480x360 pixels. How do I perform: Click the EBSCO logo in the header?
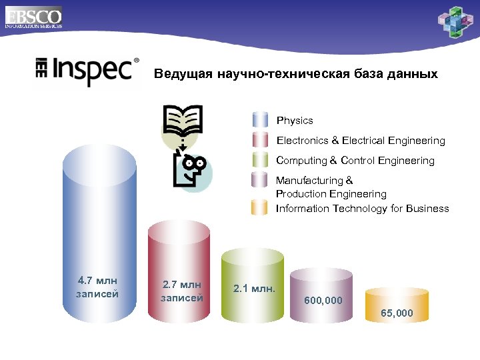point(33,16)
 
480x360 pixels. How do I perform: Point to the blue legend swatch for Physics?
point(260,121)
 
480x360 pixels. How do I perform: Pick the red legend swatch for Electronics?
point(260,141)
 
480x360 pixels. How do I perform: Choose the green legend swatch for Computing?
point(260,161)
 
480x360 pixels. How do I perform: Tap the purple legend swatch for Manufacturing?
point(260,181)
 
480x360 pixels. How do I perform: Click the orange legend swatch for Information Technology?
point(260,208)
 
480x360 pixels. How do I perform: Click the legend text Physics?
point(295,121)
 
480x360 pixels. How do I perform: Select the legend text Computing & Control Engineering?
point(355,161)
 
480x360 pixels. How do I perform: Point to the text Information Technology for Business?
point(363,209)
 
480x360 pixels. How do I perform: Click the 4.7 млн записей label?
point(98,287)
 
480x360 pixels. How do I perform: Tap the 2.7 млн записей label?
point(182,292)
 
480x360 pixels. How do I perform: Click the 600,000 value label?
point(323,301)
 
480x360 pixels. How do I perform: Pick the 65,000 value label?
point(397,313)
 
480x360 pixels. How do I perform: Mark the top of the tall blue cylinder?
point(99,164)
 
